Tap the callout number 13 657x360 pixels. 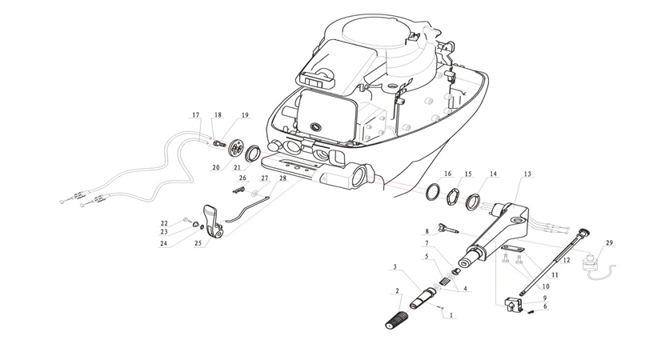coord(527,174)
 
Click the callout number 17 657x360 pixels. coord(195,115)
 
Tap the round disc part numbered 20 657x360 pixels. coord(236,148)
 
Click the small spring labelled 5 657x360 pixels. coord(442,284)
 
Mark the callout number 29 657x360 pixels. coord(610,242)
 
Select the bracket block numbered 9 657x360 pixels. coord(511,303)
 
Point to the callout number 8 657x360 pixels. coord(427,231)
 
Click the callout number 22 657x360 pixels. coord(164,222)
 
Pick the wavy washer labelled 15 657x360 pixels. coord(451,195)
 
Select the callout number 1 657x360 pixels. coord(451,315)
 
